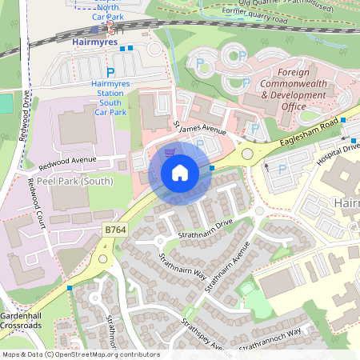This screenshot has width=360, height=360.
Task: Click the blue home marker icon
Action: [180, 173]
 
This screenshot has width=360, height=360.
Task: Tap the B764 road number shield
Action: [115, 230]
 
